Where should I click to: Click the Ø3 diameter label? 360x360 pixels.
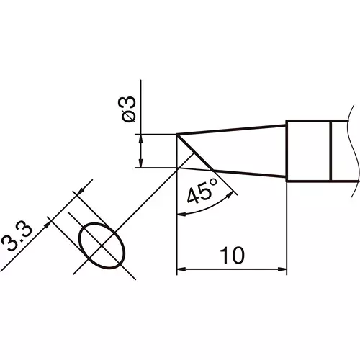127,109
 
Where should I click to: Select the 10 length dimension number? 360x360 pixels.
232,255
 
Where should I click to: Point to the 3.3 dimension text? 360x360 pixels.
17,238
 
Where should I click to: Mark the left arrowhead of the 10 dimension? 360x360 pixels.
181,269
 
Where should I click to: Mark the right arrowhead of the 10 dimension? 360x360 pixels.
282,269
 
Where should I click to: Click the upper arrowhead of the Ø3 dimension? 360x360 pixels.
141,139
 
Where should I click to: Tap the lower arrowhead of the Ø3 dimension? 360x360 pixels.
141,163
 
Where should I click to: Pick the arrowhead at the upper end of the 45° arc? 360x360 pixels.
230,195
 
